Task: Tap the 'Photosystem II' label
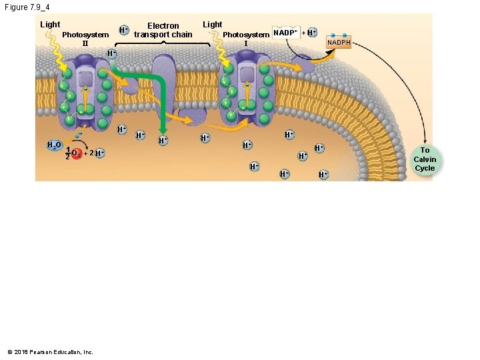(x=85, y=39)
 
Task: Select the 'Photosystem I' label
(x=246, y=39)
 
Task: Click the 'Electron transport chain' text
(x=163, y=30)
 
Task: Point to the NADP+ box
(x=286, y=33)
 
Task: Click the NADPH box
(x=338, y=43)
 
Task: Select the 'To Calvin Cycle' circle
(x=425, y=159)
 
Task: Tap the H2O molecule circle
(x=54, y=145)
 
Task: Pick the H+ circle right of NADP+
(x=311, y=33)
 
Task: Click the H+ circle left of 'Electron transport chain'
(x=123, y=30)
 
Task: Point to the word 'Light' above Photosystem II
(x=50, y=25)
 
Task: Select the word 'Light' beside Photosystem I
(x=212, y=25)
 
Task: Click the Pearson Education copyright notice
(x=51, y=352)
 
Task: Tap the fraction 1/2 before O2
(x=68, y=153)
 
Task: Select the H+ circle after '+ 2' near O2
(x=99, y=153)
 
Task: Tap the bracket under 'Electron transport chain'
(x=163, y=43)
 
